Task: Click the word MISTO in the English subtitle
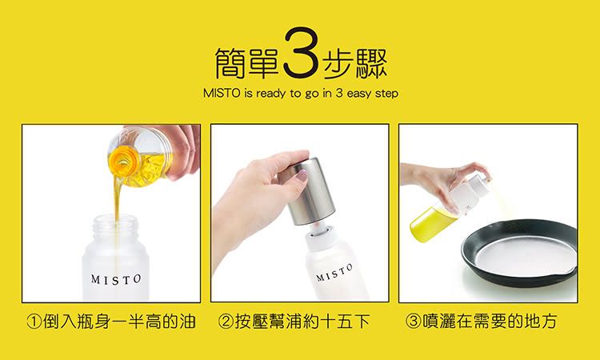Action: pyautogui.click(x=222, y=94)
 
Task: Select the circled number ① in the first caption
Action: pyautogui.click(x=34, y=322)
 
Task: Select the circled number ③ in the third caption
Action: pyautogui.click(x=413, y=322)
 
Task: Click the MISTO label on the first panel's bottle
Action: pyautogui.click(x=116, y=279)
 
